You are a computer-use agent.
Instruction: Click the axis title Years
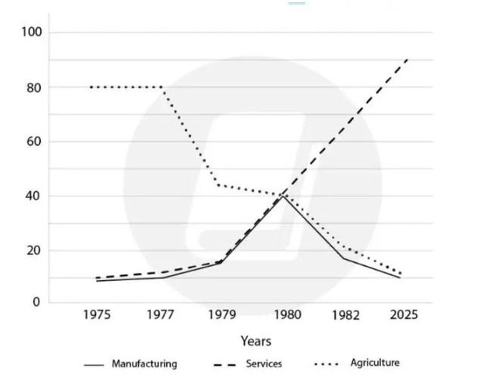click(256, 341)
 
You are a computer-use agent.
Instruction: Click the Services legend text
click(264, 363)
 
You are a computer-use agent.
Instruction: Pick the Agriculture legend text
click(375, 363)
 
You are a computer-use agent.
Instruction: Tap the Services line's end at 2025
click(408, 60)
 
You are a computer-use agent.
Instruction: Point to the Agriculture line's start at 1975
click(91, 87)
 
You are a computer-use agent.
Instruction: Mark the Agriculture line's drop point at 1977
click(163, 87)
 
